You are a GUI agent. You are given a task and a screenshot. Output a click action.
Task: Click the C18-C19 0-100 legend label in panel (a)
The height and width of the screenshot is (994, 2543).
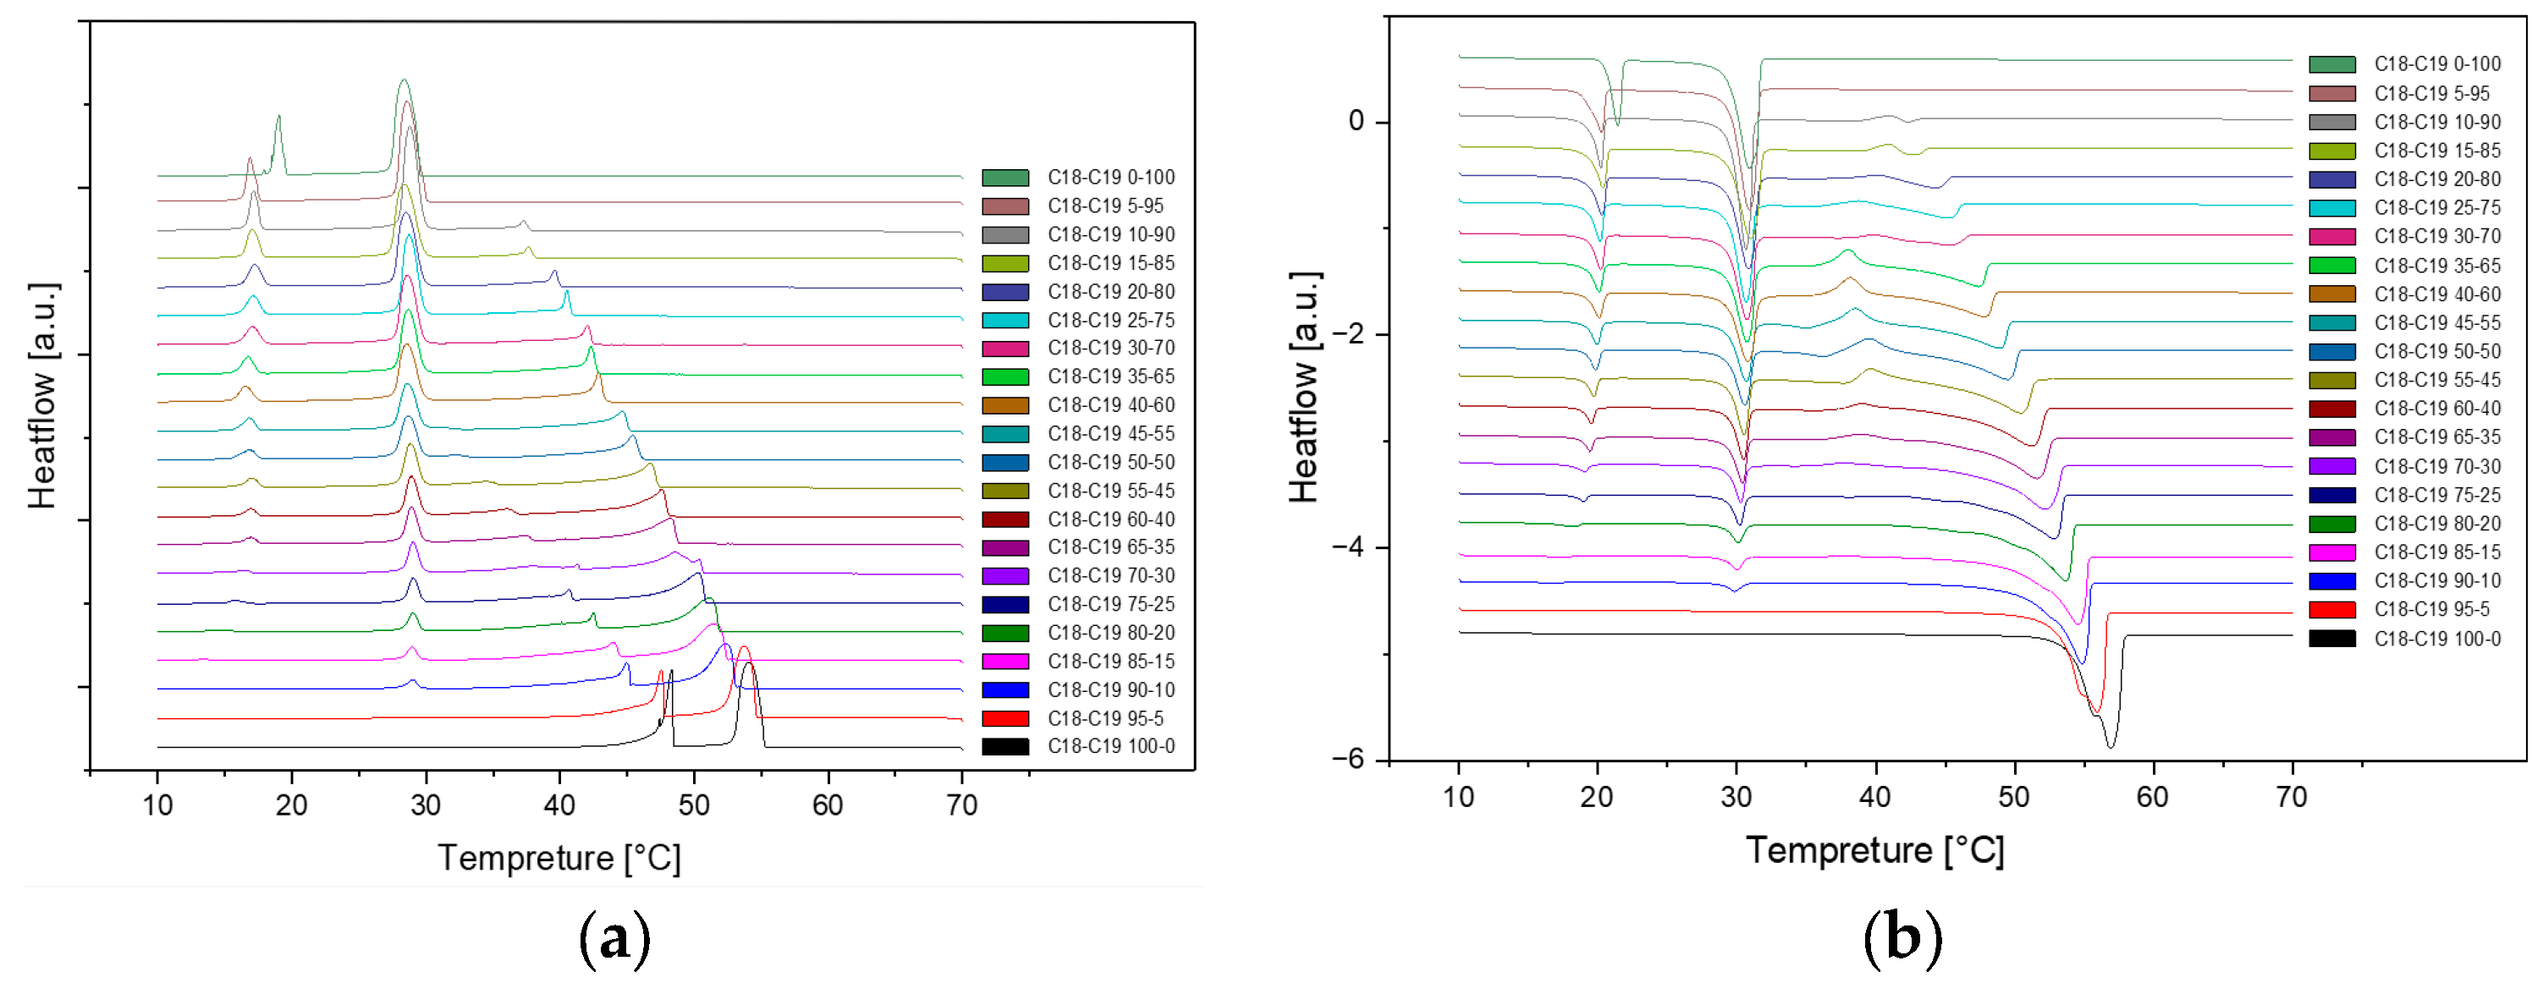pos(1110,178)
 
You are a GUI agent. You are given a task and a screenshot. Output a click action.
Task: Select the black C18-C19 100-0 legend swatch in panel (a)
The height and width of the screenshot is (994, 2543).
pos(1005,747)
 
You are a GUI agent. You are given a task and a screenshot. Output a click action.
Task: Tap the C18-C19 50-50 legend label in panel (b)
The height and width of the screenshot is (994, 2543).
pos(2436,351)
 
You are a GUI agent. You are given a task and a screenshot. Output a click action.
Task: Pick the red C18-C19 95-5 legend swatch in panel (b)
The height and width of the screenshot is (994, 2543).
pos(2331,610)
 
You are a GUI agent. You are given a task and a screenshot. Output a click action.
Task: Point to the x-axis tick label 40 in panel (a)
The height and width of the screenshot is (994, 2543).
pos(559,805)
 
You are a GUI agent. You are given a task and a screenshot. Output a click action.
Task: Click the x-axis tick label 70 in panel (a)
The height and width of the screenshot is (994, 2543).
pos(961,805)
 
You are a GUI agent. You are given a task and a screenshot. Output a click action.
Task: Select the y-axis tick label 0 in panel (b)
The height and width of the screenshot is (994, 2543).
pos(1357,122)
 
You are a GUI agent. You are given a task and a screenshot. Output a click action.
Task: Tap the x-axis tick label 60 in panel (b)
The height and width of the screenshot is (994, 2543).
pos(2152,798)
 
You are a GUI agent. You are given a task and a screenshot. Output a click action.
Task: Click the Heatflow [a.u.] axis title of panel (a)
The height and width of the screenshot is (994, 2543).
pos(42,395)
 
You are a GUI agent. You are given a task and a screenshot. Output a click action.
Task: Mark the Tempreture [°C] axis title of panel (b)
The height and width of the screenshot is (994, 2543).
pos(1874,851)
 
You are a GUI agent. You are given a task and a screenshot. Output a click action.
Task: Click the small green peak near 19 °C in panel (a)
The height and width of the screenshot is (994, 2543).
pos(278,118)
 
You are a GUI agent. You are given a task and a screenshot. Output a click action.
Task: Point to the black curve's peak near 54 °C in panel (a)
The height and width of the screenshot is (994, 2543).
pos(748,664)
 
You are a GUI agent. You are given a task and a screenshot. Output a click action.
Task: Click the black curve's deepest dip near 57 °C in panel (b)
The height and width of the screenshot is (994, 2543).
pos(2111,747)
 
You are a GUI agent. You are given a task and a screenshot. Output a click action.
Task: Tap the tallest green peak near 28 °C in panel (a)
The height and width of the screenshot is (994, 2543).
pos(403,81)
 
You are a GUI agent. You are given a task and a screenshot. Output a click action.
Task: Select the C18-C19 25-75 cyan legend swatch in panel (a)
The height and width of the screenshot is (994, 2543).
pos(1005,321)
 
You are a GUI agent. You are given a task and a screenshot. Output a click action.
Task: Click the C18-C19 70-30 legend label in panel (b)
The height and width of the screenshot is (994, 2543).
pos(2436,466)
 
